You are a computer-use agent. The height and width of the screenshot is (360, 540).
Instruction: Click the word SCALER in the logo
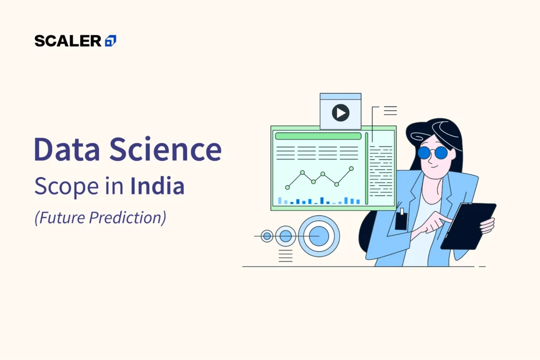(68, 41)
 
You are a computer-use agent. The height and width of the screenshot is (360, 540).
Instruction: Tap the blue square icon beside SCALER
(111, 41)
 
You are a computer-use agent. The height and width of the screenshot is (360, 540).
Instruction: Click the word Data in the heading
(67, 149)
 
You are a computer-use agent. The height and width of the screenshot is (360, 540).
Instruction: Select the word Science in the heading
(166, 149)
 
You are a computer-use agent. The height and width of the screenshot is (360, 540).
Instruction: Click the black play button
(341, 113)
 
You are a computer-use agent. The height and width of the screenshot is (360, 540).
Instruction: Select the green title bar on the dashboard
(318, 136)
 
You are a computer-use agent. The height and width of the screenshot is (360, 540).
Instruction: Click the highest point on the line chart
(351, 169)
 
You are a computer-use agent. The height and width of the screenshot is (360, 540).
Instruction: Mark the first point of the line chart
(287, 188)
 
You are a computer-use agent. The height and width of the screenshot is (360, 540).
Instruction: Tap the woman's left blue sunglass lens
(425, 152)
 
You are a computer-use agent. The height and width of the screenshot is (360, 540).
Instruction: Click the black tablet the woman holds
(468, 226)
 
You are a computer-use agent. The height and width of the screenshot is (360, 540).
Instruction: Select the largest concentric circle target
(319, 236)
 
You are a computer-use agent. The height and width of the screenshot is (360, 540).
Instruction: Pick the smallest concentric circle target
(267, 236)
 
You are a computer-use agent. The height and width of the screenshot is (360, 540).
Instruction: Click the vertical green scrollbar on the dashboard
(367, 168)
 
